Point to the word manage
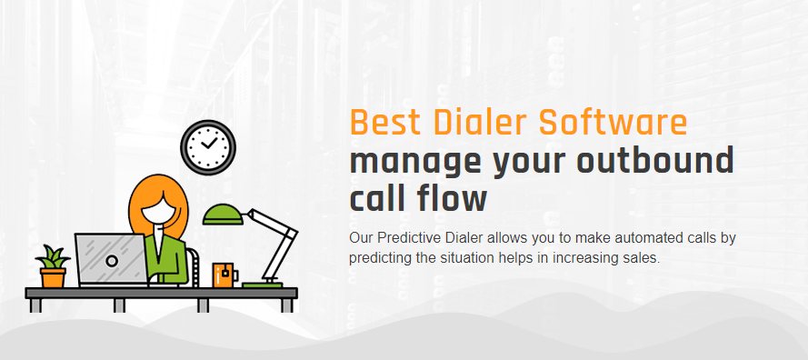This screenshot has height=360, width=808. [x=414, y=164]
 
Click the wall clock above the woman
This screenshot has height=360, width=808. [x=208, y=147]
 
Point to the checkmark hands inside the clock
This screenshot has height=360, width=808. [x=208, y=143]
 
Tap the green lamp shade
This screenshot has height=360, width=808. [x=223, y=215]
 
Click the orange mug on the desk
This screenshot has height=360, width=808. [x=224, y=275]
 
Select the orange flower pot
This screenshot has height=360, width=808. [x=53, y=277]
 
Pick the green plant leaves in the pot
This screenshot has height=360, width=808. [x=53, y=256]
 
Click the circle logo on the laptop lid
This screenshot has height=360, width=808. [x=111, y=261]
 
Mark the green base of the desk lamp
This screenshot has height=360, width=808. [x=263, y=285]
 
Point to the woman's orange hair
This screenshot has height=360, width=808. [x=138, y=201]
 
